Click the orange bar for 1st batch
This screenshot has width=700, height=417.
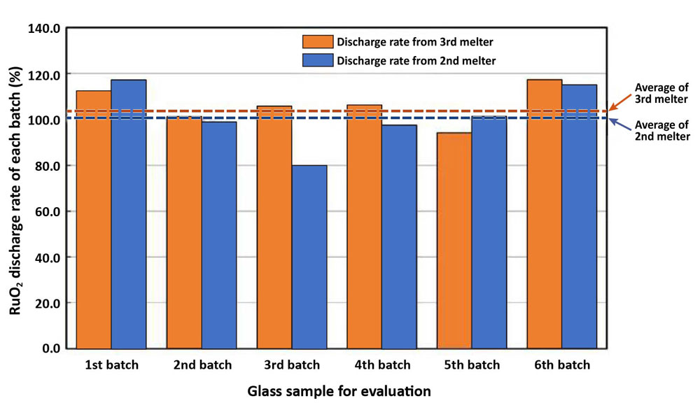tap(94, 220)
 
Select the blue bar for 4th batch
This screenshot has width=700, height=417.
tap(400, 236)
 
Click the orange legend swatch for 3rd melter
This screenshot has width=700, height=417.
tap(318, 41)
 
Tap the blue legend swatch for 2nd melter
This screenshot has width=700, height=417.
tap(318, 61)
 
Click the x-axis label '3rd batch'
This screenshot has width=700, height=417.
tap(292, 365)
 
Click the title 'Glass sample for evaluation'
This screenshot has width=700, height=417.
tap(339, 391)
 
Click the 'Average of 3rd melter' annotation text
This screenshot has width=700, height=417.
tap(661, 93)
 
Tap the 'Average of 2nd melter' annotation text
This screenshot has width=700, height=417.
tap(661, 131)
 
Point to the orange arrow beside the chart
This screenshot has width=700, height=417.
tap(619, 102)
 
